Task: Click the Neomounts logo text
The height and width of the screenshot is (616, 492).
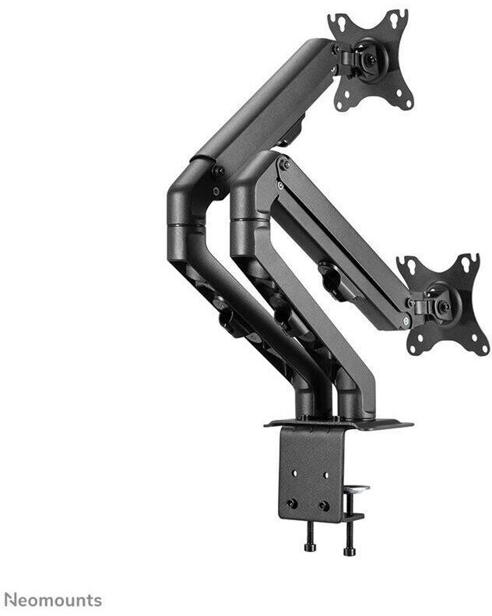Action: click(55, 600)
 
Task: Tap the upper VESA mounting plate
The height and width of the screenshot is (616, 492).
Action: click(371, 60)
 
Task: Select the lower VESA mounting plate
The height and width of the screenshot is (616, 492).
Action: click(444, 305)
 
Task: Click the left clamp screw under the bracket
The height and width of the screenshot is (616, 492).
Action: click(310, 537)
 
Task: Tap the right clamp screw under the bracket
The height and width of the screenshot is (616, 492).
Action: click(349, 539)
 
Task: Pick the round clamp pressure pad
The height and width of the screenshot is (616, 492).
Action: click(357, 490)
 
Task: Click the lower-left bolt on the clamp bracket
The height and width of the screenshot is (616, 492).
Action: click(292, 503)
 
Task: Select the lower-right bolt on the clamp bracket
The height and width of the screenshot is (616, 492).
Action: click(324, 505)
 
